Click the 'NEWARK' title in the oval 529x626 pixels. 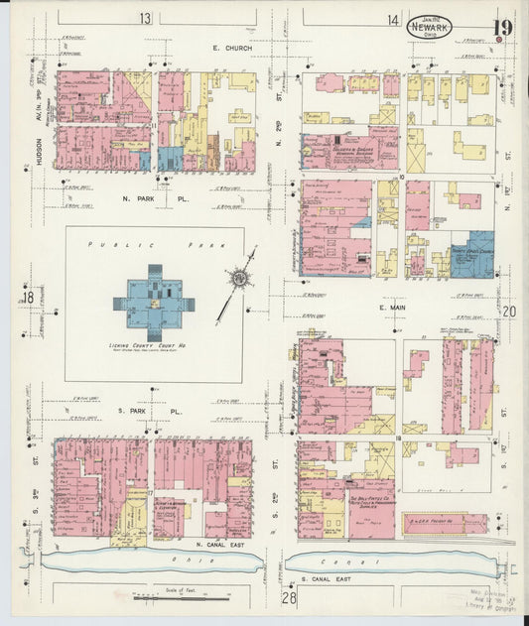point(429,28)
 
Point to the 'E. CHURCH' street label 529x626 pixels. point(232,48)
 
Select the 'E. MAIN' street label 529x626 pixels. point(394,310)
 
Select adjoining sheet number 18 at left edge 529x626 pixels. point(29,298)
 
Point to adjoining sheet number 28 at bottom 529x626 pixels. point(289,597)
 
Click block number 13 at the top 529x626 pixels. point(146,19)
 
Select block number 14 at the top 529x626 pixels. point(394,19)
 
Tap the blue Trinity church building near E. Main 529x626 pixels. point(474,253)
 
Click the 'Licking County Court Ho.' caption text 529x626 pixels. point(153,345)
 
